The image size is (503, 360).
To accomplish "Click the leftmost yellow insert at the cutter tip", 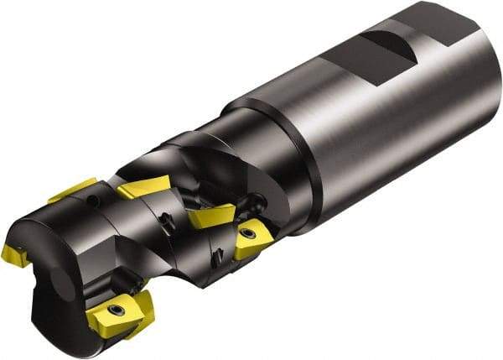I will tap(14, 254).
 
